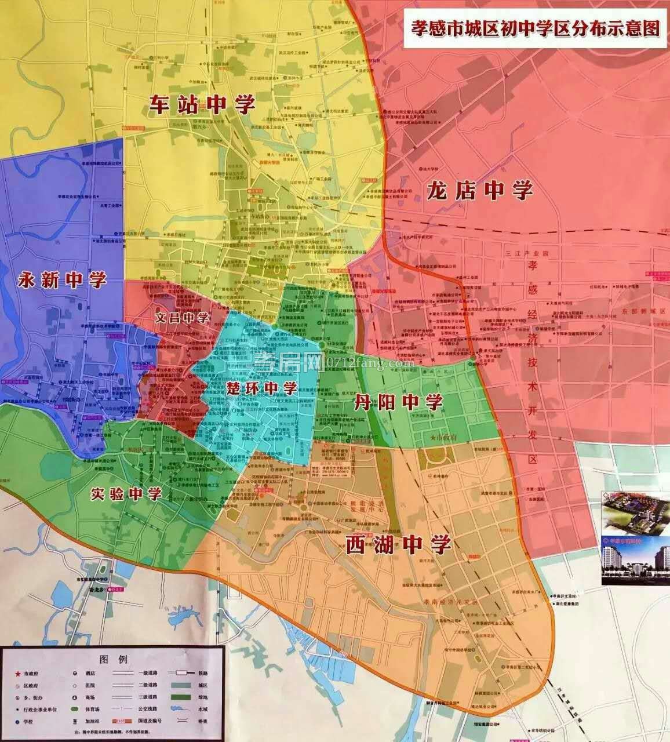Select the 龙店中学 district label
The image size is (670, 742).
point(479,190)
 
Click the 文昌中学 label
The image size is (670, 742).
point(182,318)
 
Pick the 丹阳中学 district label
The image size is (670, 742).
point(398,401)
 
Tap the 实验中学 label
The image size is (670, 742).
point(126,494)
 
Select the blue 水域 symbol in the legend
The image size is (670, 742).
point(181,721)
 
